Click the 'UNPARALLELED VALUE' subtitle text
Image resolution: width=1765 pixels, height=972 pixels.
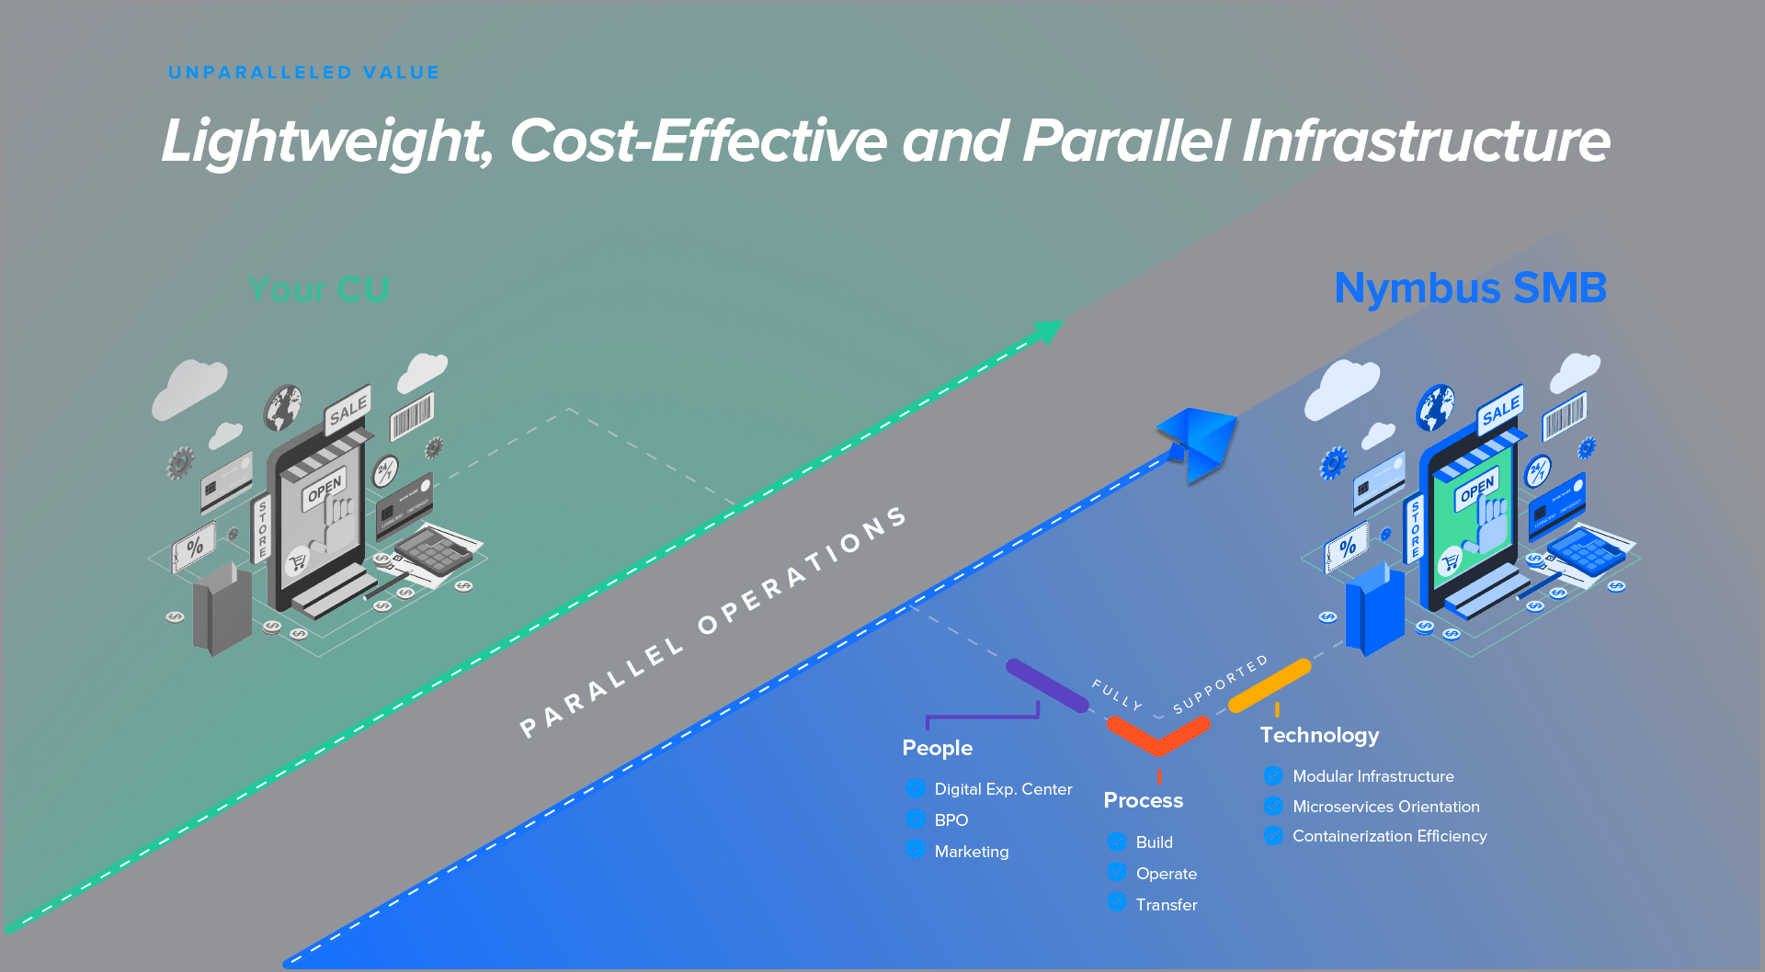point(303,73)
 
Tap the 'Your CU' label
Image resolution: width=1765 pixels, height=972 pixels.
point(318,289)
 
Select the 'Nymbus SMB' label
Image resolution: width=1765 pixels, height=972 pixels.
point(1470,288)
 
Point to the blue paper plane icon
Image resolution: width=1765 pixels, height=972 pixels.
point(1199,440)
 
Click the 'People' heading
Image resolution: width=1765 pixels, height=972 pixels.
point(937,748)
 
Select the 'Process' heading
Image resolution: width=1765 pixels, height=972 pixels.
point(1143,800)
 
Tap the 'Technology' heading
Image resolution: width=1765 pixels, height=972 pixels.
point(1319,735)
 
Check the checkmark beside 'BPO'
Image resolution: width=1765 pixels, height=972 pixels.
point(916,819)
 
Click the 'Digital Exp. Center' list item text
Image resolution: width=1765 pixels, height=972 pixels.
point(1003,789)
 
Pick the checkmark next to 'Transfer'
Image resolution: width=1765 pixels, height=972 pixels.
point(1117,902)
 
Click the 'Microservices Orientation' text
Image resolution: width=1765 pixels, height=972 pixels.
point(1385,807)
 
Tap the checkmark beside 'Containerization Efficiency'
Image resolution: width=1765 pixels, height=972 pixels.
point(1273,835)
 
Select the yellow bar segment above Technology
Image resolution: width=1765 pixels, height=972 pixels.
point(1270,685)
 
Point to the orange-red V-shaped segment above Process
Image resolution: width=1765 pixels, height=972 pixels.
point(1158,736)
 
